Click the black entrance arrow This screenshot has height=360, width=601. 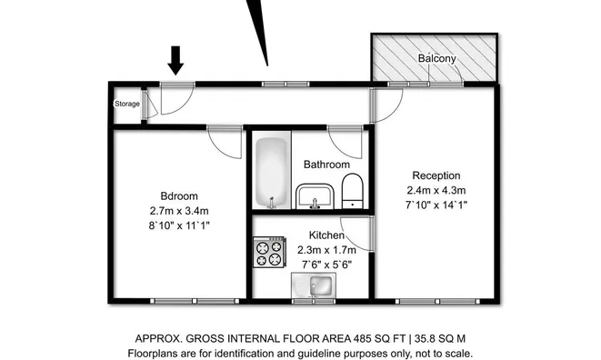click(x=175, y=60)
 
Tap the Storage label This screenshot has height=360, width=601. click(x=127, y=104)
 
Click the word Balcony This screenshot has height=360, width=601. click(x=437, y=58)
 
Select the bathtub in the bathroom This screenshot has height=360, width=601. click(x=271, y=172)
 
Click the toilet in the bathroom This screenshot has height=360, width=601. click(x=352, y=191)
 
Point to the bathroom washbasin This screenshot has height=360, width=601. click(x=315, y=196)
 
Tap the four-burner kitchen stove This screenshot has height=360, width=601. click(x=269, y=252)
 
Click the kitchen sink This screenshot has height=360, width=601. click(x=314, y=285)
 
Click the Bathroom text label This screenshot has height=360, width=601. click(x=326, y=165)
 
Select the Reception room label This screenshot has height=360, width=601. click(x=436, y=175)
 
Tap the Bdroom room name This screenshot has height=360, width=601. click(x=179, y=196)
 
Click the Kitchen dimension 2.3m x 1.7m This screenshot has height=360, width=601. click(x=326, y=250)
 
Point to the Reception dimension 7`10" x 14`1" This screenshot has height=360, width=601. click(x=436, y=205)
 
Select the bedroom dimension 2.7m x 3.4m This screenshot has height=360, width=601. click(x=179, y=211)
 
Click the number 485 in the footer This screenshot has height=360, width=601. click(x=362, y=339)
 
